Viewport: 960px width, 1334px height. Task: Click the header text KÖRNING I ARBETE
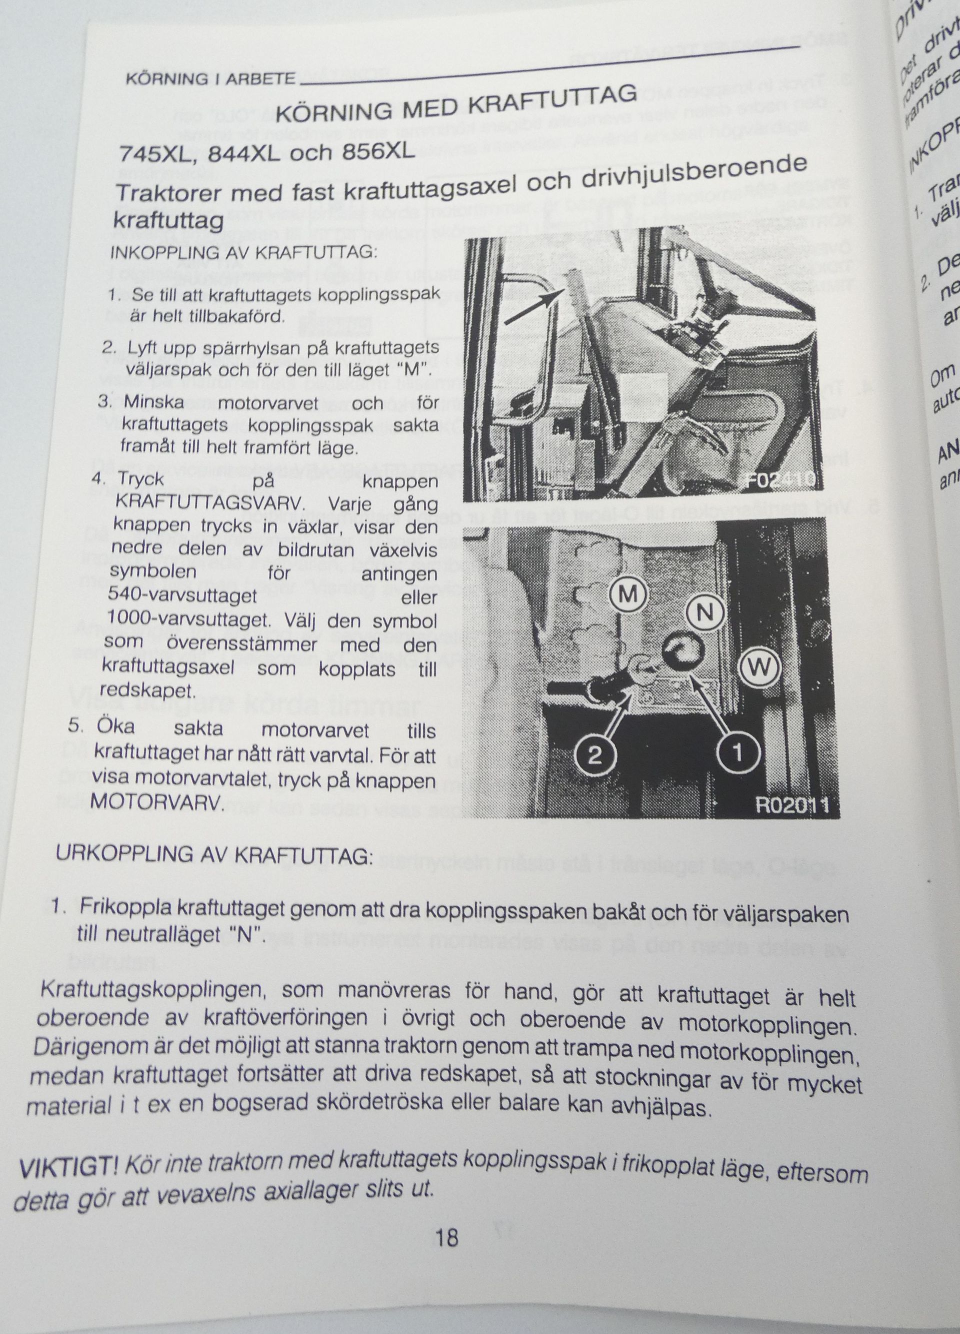pyautogui.click(x=210, y=79)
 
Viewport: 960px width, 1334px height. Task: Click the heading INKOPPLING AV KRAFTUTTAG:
pyautogui.click(x=243, y=253)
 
